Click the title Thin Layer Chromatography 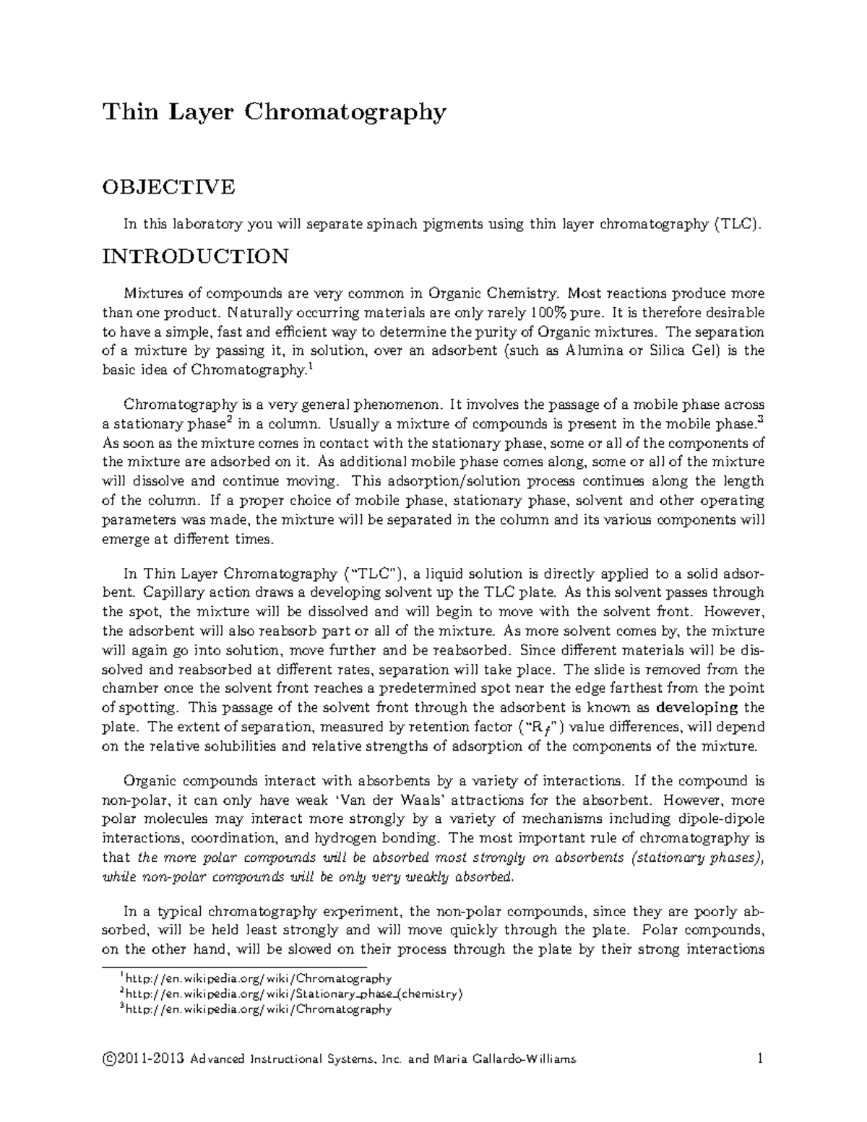click(275, 113)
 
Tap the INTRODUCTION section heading click(195, 256)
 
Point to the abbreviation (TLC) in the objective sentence click(737, 224)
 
